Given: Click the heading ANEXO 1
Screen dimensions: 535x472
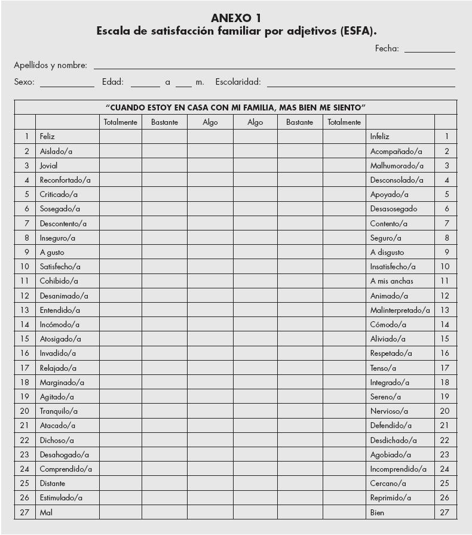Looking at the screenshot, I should [236, 18].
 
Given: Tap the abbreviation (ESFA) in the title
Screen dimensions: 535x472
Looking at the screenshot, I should [357, 31].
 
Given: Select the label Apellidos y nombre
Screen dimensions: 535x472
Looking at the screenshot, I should [50, 65].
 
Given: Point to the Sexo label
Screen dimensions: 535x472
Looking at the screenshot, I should [24, 82].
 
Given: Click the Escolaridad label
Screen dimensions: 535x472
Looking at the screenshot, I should [238, 82].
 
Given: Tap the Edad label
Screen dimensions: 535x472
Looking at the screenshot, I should [113, 82].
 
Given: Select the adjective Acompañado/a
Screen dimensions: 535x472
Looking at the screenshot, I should [396, 151].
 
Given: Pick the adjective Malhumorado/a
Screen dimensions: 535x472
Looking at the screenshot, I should [397, 165].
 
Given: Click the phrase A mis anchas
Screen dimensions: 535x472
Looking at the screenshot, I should [391, 281].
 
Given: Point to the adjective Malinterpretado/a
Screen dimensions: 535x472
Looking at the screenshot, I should [400, 310].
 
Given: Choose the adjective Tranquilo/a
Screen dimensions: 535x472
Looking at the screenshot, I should [59, 411].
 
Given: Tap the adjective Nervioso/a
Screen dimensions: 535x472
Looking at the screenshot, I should [389, 411].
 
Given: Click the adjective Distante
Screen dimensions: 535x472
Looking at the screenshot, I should [53, 483].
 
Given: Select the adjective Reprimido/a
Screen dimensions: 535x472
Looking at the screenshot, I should [391, 497].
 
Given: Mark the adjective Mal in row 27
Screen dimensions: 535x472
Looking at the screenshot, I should [46, 512].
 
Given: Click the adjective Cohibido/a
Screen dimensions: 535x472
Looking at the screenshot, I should [59, 281].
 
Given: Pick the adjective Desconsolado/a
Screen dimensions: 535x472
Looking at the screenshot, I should [397, 180].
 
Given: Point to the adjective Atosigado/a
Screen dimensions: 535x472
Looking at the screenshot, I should [60, 339].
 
